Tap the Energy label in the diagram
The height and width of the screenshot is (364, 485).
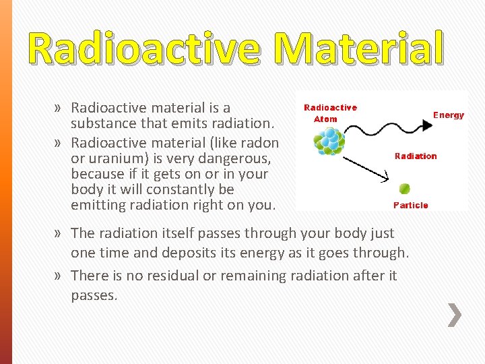[448, 115]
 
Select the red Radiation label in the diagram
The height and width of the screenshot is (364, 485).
[416, 156]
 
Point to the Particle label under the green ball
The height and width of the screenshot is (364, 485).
[410, 205]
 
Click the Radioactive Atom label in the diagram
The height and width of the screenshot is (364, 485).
[330, 113]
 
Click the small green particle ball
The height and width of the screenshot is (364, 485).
[404, 189]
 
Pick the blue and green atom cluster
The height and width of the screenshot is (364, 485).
[329, 142]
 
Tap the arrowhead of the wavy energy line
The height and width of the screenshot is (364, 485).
[426, 124]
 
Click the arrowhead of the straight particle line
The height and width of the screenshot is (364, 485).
[385, 179]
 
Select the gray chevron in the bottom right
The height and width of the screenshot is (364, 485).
[455, 315]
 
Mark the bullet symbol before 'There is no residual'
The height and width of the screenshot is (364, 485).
[60, 276]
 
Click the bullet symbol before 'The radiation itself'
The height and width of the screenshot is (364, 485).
[60, 234]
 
